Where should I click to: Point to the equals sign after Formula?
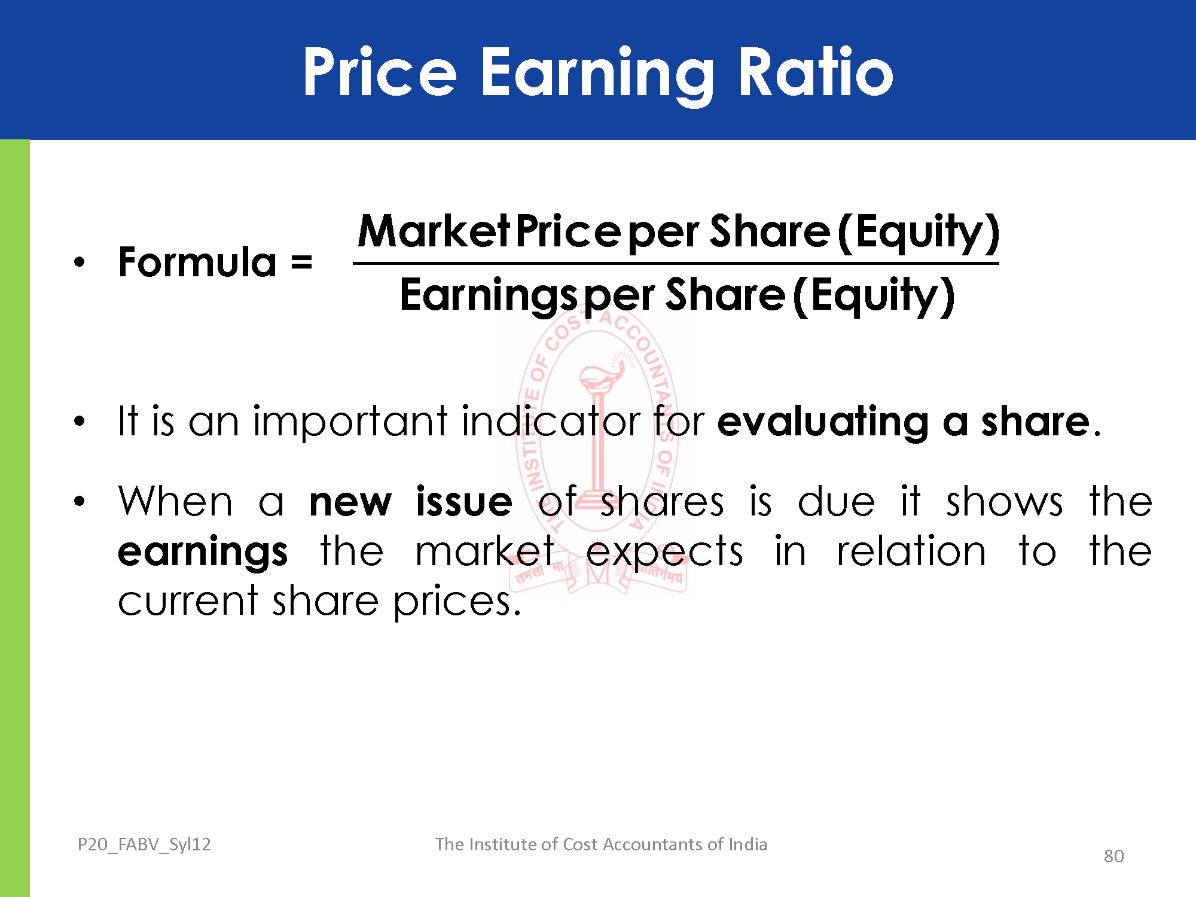pos(301,263)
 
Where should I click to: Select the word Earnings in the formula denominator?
pos(490,295)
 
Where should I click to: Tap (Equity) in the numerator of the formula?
pos(919,233)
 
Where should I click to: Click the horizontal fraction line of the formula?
pos(676,263)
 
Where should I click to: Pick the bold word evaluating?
pos(823,423)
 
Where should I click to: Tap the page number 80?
pos(1113,856)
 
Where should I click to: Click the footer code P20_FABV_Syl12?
pos(144,844)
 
